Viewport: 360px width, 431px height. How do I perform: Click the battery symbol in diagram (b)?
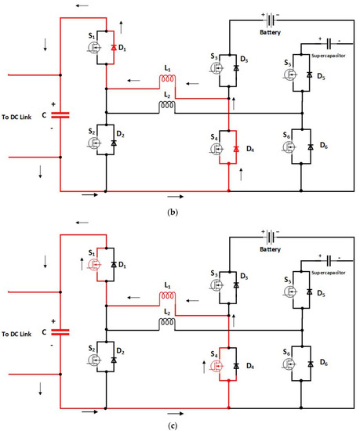(x=271, y=16)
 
